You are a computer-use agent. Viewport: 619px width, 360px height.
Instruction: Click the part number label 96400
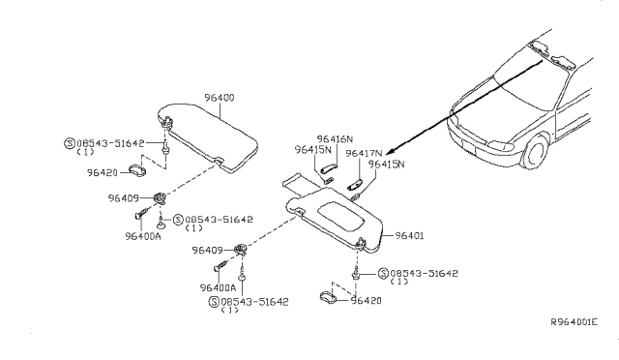tap(219, 98)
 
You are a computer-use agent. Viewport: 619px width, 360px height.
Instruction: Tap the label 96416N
tap(336, 139)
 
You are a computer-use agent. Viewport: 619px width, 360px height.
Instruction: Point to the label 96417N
tap(364, 153)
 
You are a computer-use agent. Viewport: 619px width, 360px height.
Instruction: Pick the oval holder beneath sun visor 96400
tap(140, 172)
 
